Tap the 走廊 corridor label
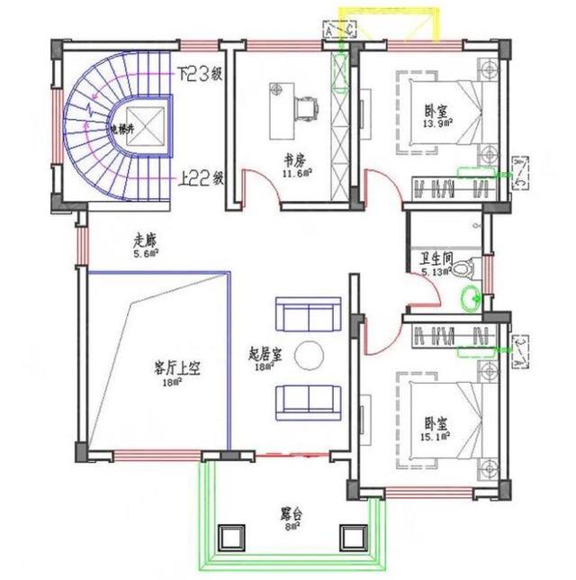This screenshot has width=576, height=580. coord(145,240)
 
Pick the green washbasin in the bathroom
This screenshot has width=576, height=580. coord(469,296)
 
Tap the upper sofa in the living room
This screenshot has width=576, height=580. coord(307,316)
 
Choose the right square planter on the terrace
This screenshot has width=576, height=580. coord(351,538)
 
